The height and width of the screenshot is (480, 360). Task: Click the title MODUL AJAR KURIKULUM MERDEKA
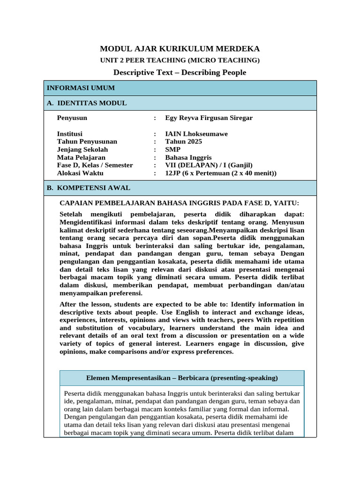click(x=180, y=49)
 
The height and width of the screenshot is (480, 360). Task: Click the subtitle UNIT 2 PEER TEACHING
click(x=180, y=60)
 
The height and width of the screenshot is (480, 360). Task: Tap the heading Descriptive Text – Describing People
click(x=180, y=72)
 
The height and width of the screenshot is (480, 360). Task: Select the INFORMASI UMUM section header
click(x=81, y=88)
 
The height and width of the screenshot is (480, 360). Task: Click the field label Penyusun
click(x=72, y=118)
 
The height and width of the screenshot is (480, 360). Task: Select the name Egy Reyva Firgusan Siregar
click(x=209, y=118)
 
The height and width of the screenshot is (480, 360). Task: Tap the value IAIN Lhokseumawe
click(x=196, y=134)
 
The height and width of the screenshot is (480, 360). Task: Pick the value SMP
click(x=173, y=150)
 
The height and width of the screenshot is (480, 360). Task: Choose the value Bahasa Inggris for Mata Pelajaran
click(x=188, y=157)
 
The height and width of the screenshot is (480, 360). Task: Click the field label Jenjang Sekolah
click(x=82, y=150)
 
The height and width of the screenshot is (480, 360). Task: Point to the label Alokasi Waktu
click(x=80, y=173)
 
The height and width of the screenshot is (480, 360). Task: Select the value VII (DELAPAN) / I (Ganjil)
click(x=209, y=165)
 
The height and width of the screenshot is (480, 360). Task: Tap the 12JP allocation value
click(x=221, y=173)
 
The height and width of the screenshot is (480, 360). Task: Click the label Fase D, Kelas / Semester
click(x=95, y=165)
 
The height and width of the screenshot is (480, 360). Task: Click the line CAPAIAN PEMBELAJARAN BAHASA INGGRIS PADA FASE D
click(x=179, y=203)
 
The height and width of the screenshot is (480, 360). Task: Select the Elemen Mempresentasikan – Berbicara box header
click(x=182, y=378)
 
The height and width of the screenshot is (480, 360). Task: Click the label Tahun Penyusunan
click(x=87, y=142)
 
